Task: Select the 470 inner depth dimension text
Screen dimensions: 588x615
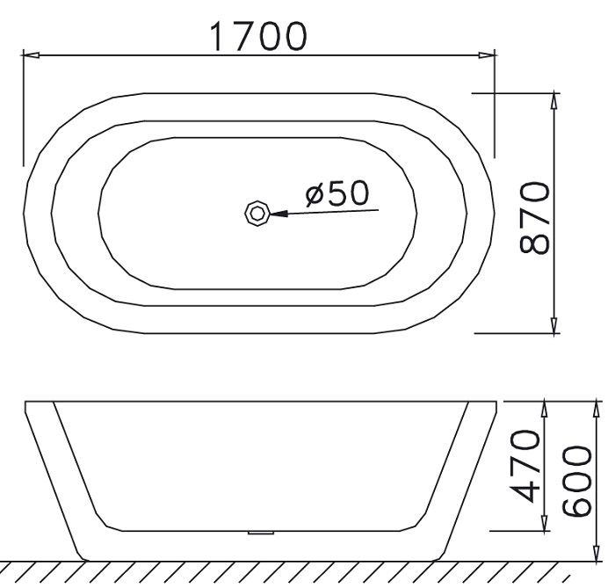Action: pos(525,466)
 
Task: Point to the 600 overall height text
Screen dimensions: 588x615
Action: pos(577,483)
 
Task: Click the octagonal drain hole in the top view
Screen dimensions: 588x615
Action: pos(257,212)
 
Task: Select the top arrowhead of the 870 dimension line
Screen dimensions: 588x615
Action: pos(553,99)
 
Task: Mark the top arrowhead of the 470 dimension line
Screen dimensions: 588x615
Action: pos(545,407)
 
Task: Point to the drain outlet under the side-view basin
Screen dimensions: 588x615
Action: pos(261,533)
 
